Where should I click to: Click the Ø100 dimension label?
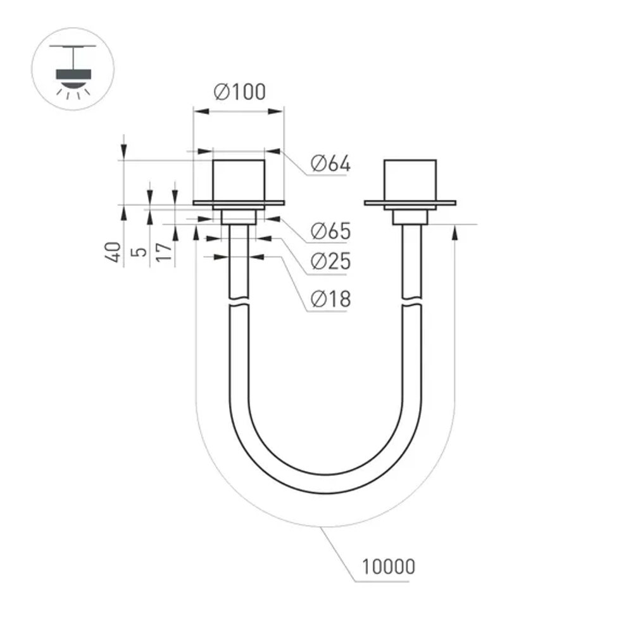pyautogui.click(x=240, y=92)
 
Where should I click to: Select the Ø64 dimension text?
pyautogui.click(x=330, y=164)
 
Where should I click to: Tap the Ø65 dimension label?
pyautogui.click(x=330, y=231)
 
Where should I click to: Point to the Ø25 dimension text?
pyautogui.click(x=330, y=261)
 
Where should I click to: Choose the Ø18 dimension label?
pyautogui.click(x=330, y=298)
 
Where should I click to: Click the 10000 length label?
pyautogui.click(x=388, y=566)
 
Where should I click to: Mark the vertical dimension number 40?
pyautogui.click(x=113, y=253)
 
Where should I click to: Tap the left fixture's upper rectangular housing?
pyautogui.click(x=239, y=180)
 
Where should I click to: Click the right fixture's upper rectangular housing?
pyautogui.click(x=410, y=180)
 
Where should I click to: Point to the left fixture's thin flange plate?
pyautogui.click(x=239, y=203)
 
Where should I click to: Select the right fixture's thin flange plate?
pyautogui.click(x=410, y=203)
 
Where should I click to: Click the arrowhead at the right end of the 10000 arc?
pyautogui.click(x=455, y=232)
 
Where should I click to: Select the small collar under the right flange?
pyautogui.click(x=410, y=217)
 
